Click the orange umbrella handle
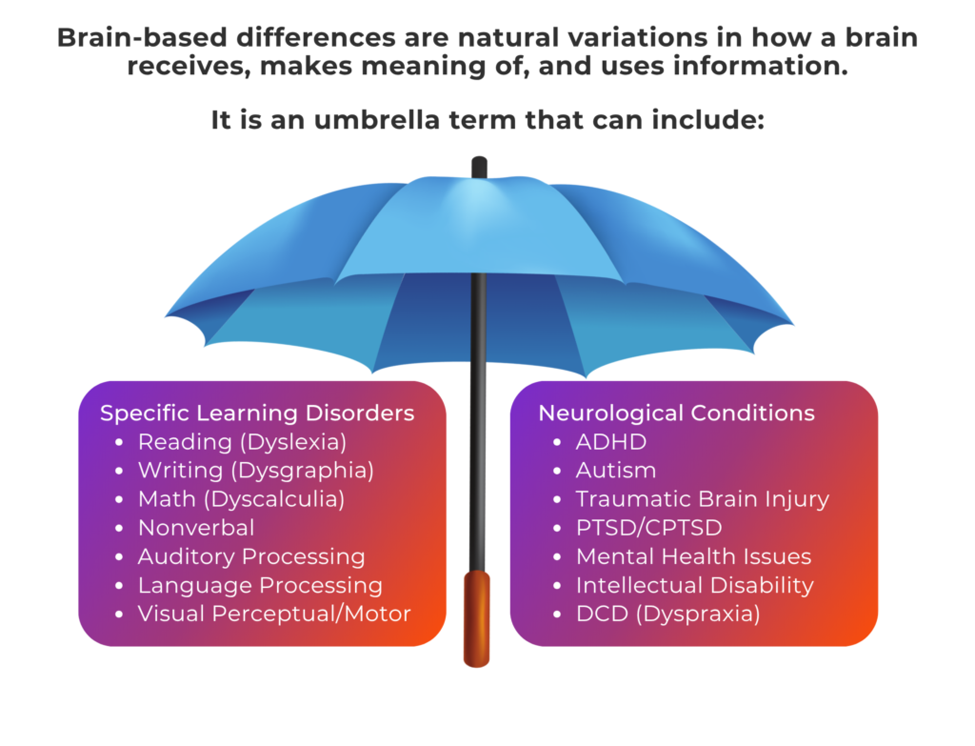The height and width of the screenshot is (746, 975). (477, 618)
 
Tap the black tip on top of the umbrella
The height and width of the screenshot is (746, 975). (479, 167)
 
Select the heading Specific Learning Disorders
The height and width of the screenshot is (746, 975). (257, 413)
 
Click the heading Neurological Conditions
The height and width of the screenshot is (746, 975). (677, 413)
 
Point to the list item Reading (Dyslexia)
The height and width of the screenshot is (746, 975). (242, 442)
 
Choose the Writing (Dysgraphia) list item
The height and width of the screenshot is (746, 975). (255, 471)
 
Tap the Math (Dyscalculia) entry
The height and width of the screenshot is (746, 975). (241, 499)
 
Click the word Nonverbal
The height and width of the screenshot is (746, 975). (196, 528)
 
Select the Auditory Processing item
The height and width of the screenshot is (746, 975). (251, 556)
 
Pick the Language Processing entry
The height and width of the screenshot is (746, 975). (260, 586)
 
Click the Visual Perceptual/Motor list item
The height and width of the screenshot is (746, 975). (274, 615)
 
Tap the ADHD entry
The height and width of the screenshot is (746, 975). (611, 442)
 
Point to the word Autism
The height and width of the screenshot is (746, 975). (616, 471)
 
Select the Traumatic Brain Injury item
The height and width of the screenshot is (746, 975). (703, 499)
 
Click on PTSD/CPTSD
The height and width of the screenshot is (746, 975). (648, 528)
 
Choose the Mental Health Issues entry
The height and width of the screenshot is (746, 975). (693, 556)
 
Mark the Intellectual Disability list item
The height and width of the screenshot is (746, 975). (694, 586)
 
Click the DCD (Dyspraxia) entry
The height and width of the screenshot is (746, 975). (667, 615)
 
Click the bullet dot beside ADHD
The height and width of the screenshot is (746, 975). (557, 442)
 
